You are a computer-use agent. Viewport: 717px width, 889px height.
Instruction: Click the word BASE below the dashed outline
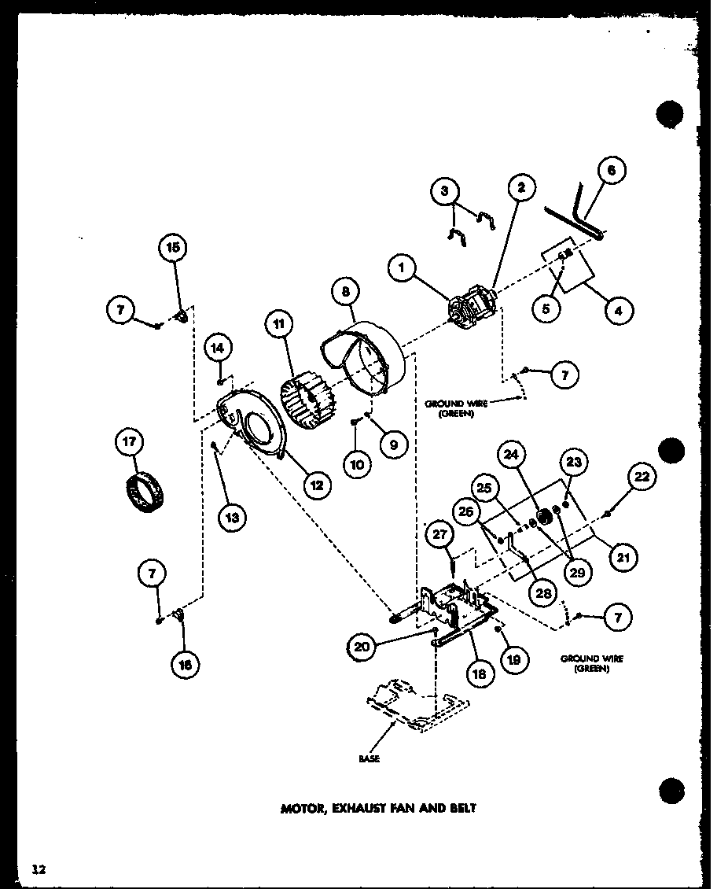(368, 759)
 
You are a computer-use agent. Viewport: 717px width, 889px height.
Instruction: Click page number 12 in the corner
(39, 869)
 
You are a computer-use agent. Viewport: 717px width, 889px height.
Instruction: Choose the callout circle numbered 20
(361, 647)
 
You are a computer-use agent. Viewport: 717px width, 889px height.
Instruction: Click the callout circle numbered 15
(172, 248)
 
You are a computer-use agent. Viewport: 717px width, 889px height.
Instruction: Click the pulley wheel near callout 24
(541, 519)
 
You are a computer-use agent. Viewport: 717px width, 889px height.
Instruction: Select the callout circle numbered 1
(403, 270)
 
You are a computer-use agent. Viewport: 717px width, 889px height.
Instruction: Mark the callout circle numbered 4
(619, 311)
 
